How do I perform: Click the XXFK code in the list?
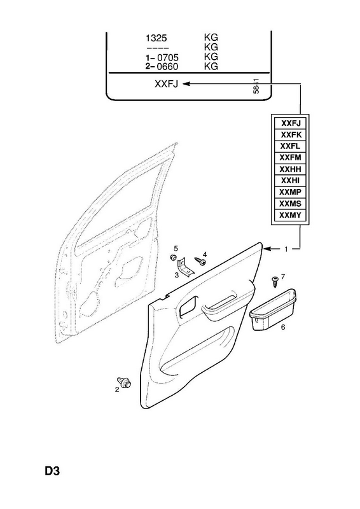(x=291, y=135)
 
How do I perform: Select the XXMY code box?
(x=290, y=215)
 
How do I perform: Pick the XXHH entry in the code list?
(x=290, y=169)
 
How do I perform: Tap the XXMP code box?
(x=290, y=192)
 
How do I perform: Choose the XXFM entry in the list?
(x=290, y=158)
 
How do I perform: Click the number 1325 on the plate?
(x=156, y=38)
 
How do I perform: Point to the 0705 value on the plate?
(x=167, y=58)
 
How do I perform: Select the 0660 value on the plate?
(x=167, y=67)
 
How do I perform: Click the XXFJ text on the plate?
(x=167, y=85)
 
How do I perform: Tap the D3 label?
(x=52, y=471)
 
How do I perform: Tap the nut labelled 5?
(x=174, y=258)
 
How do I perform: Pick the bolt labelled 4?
(x=200, y=261)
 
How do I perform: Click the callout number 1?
(x=286, y=249)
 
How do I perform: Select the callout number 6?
(x=283, y=327)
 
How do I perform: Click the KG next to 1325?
(x=211, y=38)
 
